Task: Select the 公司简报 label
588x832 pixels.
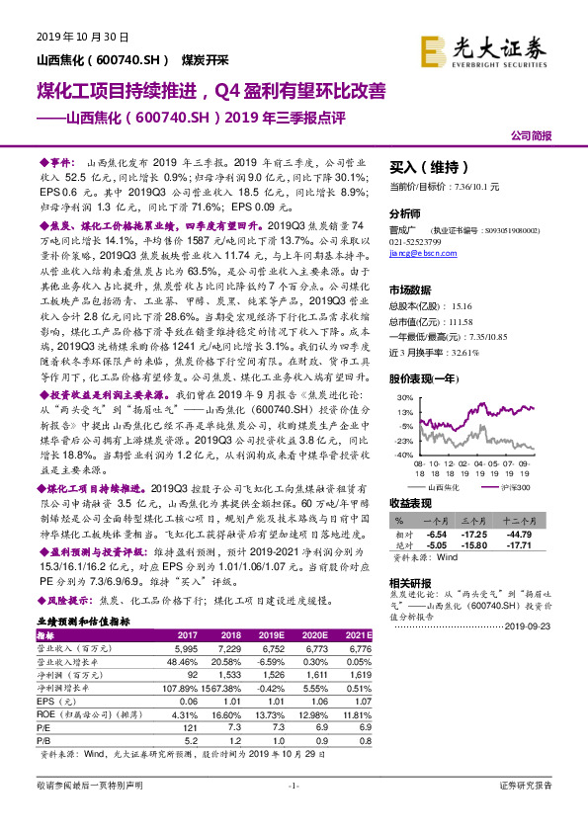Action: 531,136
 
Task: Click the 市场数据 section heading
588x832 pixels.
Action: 412,290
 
